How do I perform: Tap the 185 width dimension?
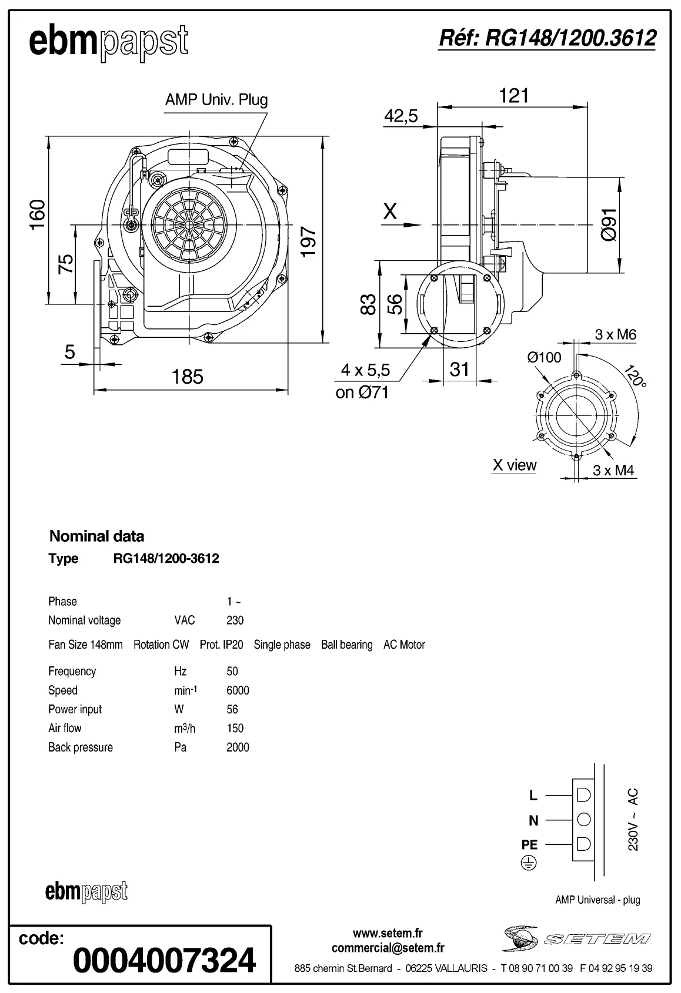click(187, 377)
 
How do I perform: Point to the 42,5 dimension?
click(400, 116)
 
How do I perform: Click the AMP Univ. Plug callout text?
click(216, 99)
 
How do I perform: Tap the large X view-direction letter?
click(390, 211)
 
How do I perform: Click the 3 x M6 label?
click(615, 334)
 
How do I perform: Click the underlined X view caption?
click(514, 465)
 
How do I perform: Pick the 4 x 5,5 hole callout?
click(365, 370)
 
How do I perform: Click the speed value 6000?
click(238, 690)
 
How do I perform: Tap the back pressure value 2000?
click(238, 747)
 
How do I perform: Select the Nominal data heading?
click(96, 536)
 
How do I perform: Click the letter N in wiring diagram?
click(533, 820)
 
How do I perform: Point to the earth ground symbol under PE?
click(529, 863)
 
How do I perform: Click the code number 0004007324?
click(164, 960)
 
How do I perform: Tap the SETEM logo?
click(576, 938)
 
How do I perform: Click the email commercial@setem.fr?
click(388, 948)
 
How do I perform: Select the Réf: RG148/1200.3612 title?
click(547, 38)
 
